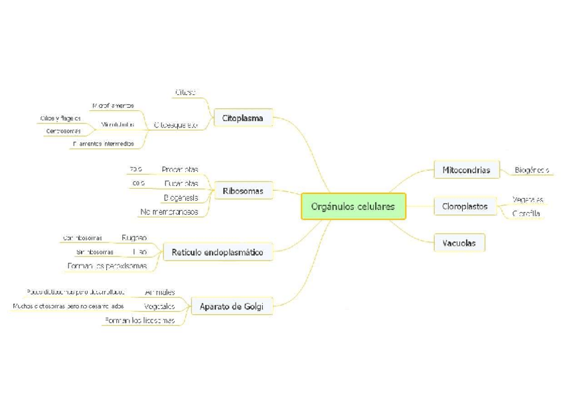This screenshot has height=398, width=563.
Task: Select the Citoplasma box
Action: [243, 119]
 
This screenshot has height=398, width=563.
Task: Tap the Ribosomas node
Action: [243, 191]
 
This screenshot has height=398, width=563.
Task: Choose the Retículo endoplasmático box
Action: [217, 252]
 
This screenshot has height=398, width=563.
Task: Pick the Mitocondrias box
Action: [466, 170]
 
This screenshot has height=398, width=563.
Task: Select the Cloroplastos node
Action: [465, 207]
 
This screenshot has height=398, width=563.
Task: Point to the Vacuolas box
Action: [459, 243]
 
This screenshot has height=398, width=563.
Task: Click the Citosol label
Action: [185, 92]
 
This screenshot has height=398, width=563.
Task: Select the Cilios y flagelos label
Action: [60, 118]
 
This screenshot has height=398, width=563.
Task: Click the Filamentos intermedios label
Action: [103, 144]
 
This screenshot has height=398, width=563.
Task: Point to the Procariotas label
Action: [179, 169]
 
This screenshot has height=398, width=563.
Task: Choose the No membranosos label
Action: [169, 212]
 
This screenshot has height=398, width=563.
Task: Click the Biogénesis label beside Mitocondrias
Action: [532, 170]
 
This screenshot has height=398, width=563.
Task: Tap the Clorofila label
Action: [526, 213]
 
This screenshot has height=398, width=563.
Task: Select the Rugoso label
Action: [134, 237]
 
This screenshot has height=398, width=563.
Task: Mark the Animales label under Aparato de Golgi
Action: [160, 292]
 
